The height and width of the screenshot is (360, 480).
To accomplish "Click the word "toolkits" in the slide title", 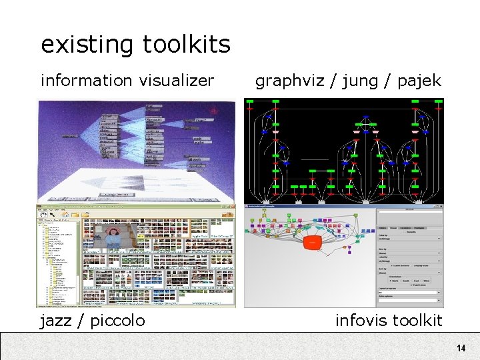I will point(186,45).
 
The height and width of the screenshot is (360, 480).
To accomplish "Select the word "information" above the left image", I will point(87,81).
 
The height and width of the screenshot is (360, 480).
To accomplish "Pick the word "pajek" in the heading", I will point(419,81).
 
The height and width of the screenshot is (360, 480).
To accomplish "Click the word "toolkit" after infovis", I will point(419,321).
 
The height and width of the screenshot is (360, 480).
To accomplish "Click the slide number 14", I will point(461,349).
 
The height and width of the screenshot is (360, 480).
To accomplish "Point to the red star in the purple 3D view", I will point(215,110).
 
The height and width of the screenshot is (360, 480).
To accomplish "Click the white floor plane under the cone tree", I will point(133,180).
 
